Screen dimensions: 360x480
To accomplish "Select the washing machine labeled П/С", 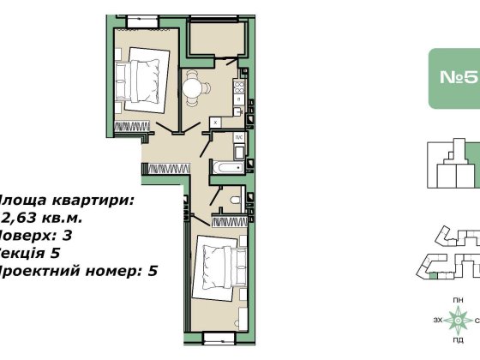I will [x=241, y=140].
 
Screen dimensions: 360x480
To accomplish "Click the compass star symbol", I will [x=460, y=321].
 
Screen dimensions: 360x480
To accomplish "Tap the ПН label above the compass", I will [x=460, y=297].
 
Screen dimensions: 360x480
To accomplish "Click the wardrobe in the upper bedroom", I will [x=136, y=127].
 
